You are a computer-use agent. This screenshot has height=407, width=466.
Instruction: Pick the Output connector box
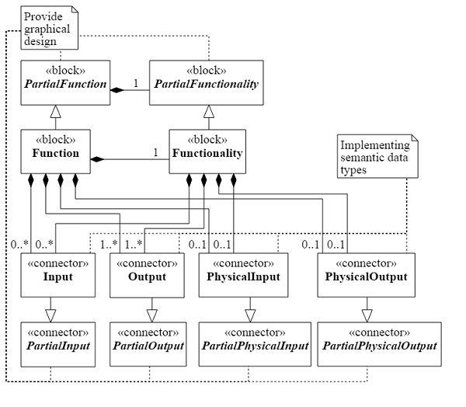point(147,276)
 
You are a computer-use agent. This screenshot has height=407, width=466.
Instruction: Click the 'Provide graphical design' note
point(46,28)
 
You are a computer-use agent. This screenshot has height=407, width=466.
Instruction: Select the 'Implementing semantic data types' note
point(376,155)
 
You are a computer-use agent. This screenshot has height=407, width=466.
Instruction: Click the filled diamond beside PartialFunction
point(117,91)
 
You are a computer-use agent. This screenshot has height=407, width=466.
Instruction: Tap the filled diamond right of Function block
point(96,159)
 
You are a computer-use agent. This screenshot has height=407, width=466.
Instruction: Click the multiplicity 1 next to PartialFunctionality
point(137,83)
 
